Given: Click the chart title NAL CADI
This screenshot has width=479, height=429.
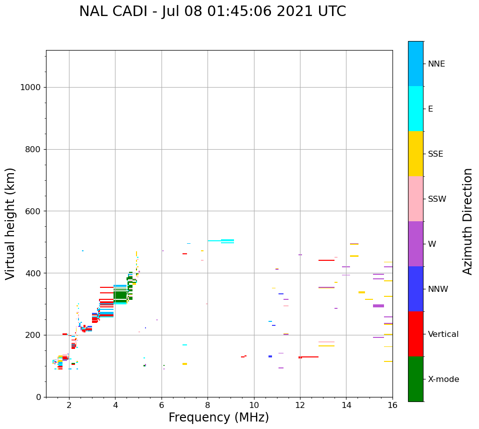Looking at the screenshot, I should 212,12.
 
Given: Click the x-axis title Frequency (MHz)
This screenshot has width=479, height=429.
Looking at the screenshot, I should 218,417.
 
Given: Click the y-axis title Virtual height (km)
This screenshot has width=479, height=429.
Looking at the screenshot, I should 10,224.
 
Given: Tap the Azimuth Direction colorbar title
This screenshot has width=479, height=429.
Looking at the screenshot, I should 467,221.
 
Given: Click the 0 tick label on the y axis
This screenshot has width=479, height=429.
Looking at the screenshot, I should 38,397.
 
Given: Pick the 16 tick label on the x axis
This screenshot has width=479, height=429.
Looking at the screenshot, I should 392,405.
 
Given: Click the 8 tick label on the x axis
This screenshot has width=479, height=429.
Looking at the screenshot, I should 207,405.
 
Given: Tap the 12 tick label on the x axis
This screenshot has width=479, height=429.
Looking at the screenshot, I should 300,405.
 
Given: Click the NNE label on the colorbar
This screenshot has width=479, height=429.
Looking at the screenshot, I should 436,64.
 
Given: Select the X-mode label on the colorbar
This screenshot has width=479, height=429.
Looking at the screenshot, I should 443,379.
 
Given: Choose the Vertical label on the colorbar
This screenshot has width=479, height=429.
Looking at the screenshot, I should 443,334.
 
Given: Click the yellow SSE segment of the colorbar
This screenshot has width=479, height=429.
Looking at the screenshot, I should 415,154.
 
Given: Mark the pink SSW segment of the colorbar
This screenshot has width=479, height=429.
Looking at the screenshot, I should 415,199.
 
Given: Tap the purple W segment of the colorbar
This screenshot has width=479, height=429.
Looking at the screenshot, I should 415,244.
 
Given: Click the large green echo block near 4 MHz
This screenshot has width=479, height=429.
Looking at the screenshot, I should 120,295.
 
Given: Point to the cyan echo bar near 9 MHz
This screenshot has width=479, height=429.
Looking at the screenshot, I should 227,241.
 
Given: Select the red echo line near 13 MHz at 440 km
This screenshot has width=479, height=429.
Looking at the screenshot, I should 326,260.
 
